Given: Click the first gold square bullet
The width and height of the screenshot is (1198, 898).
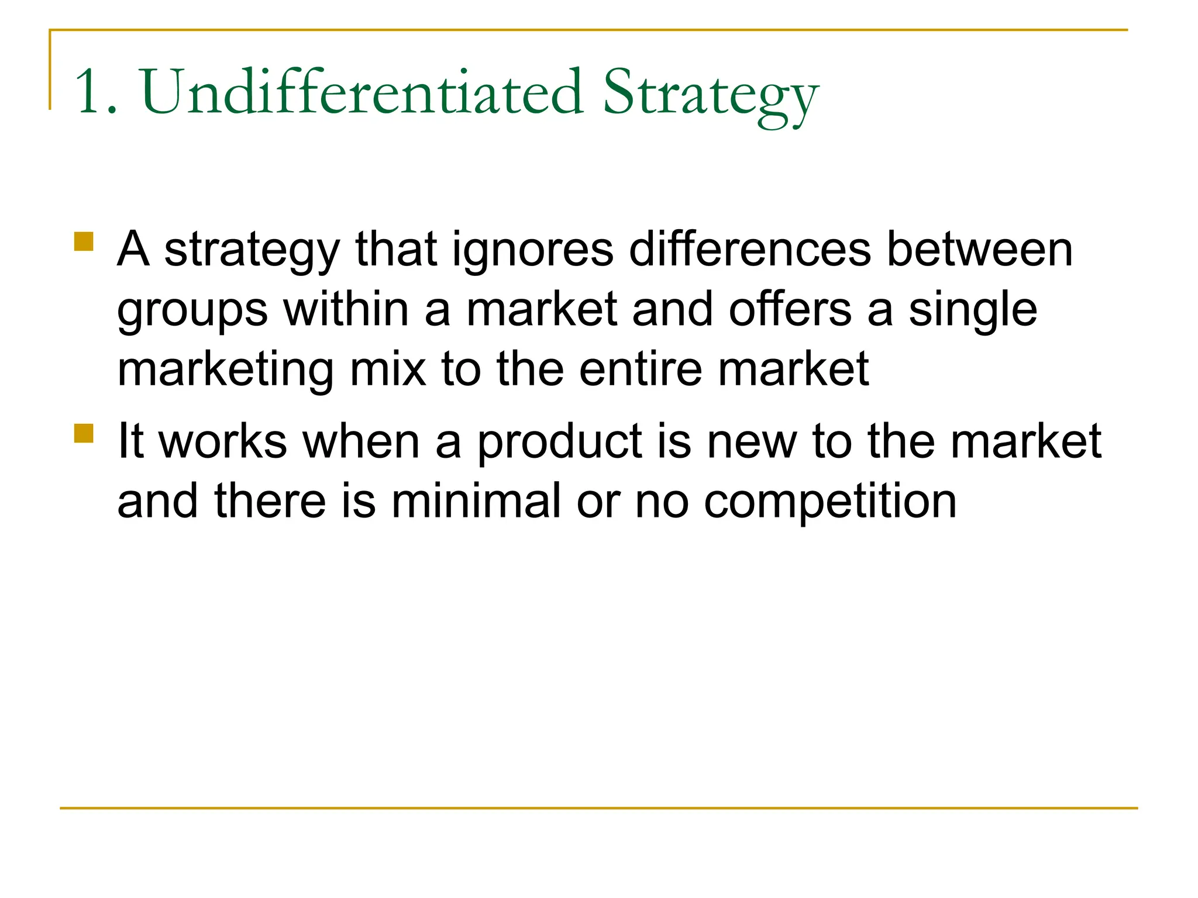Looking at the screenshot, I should (84, 242).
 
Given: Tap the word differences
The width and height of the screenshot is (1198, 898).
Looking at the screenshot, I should (750, 249).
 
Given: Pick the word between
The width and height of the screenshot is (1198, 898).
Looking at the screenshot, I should (979, 249).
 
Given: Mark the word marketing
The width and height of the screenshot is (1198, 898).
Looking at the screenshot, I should (226, 371).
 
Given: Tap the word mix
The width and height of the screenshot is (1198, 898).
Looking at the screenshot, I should (388, 369).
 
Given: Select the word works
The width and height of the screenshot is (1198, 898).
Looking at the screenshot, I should (223, 441).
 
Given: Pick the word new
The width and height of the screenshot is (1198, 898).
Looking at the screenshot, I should (751, 442).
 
